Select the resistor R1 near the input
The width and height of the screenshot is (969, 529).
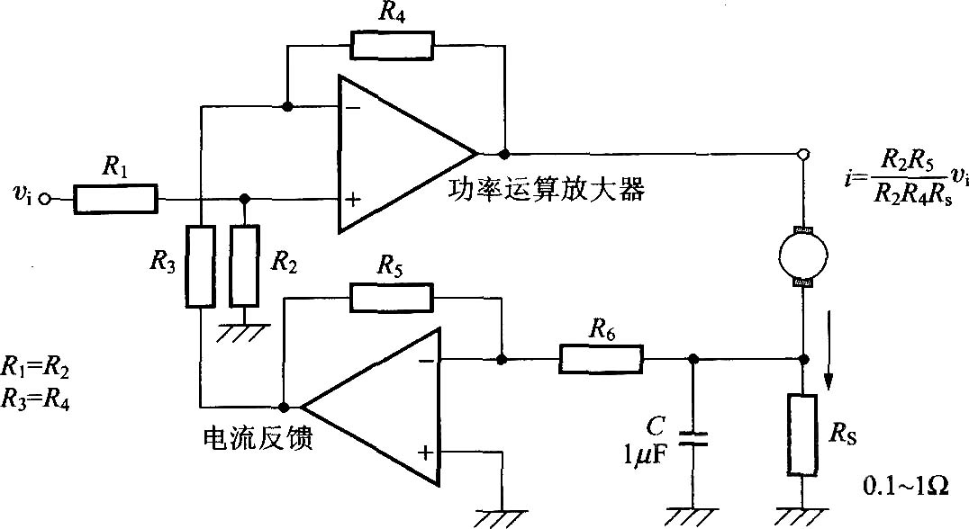[115, 199]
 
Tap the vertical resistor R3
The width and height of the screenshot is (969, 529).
[200, 266]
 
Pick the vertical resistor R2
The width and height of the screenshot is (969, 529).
[244, 266]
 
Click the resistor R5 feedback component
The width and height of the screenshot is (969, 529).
[391, 298]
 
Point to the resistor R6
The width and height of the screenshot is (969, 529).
[601, 359]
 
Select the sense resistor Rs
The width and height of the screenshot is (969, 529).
[802, 433]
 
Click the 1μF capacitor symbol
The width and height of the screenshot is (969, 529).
[692, 438]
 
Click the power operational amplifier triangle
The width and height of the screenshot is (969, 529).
[396, 153]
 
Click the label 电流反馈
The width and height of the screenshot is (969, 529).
[258, 440]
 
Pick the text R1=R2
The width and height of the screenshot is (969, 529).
[36, 367]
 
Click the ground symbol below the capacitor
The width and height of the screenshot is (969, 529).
[692, 515]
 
